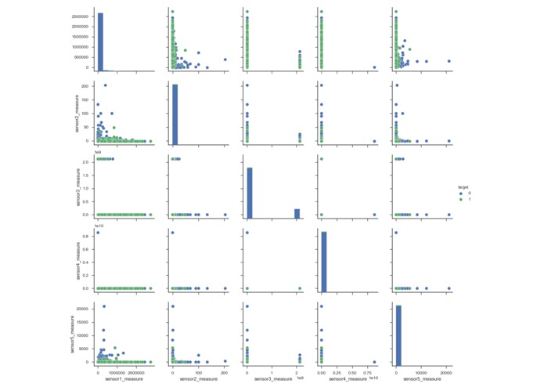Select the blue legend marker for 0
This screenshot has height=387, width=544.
click(x=461, y=193)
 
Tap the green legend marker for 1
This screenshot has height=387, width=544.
click(x=461, y=199)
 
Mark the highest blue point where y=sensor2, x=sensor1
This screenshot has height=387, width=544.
click(x=105, y=85)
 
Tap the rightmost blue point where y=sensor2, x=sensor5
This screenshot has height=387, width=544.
click(x=449, y=141)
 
